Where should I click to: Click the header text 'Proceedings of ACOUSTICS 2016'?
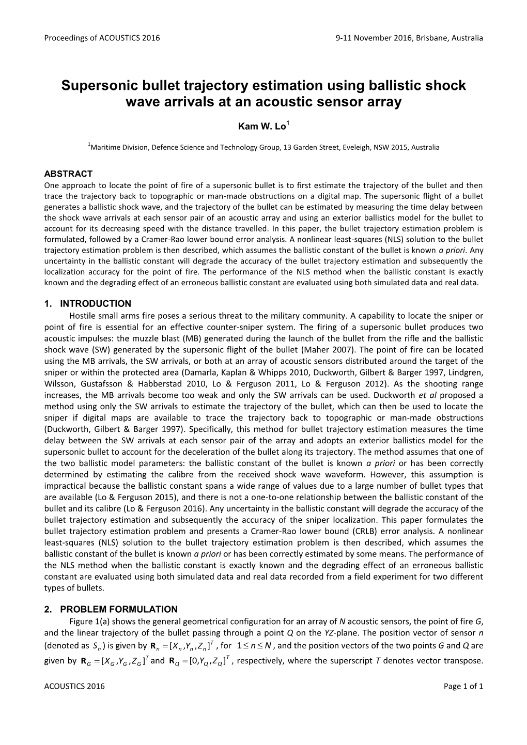pyautogui.click(x=102, y=38)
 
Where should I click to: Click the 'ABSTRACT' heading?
pyautogui.click(x=68, y=174)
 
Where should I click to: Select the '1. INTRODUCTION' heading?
pyautogui.click(x=88, y=304)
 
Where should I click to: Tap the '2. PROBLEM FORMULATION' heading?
pyautogui.click(x=111, y=609)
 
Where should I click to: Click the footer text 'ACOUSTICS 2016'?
pyautogui.click(x=74, y=686)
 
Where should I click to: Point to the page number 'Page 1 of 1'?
pyautogui.click(x=463, y=686)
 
